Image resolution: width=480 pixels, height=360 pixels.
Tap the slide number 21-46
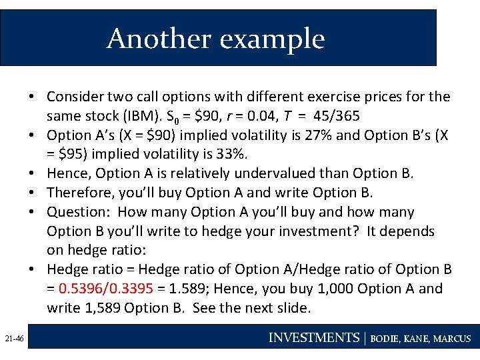[x=13, y=339]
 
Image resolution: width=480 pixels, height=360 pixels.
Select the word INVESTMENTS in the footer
[x=313, y=338]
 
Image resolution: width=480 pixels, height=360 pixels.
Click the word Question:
[x=75, y=212]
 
